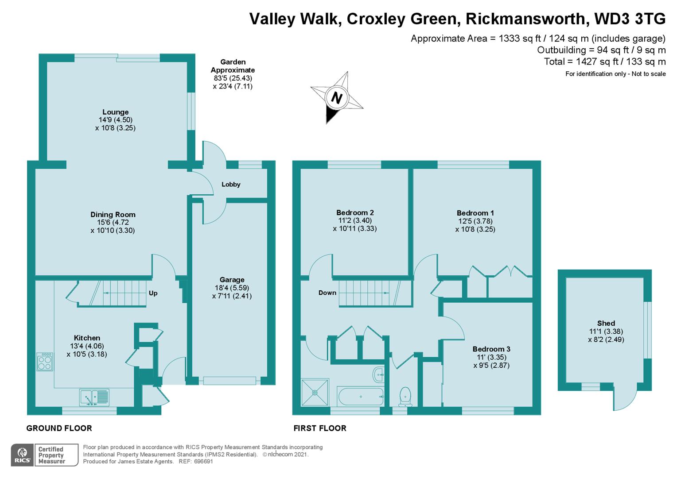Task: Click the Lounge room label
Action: point(116,112)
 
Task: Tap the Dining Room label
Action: point(113,215)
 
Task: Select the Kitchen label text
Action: point(87,338)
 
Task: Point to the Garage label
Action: point(232,280)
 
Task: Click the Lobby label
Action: point(231,185)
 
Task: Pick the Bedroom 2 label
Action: point(355,212)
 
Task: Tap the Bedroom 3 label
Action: point(491,349)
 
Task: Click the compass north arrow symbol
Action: point(337,98)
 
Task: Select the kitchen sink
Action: point(94,397)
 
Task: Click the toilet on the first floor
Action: point(405,396)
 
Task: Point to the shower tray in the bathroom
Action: point(315,392)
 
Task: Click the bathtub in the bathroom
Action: point(360,396)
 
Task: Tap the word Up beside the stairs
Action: point(153,293)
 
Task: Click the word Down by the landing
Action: point(327,293)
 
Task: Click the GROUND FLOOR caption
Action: point(59,428)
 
